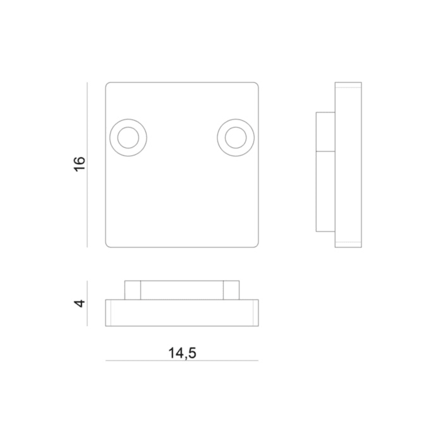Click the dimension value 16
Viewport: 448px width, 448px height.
79,164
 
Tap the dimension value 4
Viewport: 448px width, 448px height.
79,303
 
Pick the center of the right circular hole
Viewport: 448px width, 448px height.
236,137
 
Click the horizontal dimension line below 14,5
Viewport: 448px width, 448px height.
183,361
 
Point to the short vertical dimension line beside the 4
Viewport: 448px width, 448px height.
87,303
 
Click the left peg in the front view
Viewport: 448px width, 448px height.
133,290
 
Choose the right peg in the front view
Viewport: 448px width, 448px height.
231,290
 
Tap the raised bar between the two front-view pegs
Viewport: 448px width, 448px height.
182,290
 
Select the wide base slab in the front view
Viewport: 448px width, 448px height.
182,313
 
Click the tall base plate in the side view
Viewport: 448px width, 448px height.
348,164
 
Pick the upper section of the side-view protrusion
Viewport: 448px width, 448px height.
325,132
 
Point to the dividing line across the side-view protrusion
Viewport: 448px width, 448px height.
325,152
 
